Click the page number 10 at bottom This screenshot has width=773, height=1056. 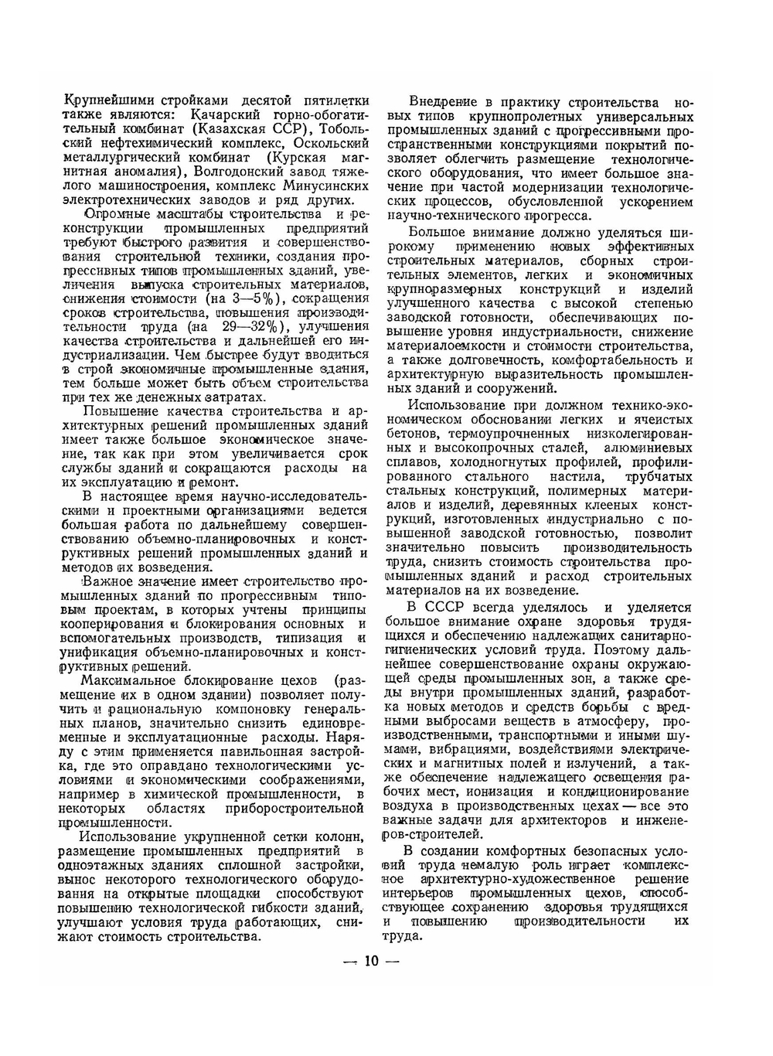[371, 961]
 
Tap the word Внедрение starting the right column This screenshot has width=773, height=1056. [445, 102]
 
